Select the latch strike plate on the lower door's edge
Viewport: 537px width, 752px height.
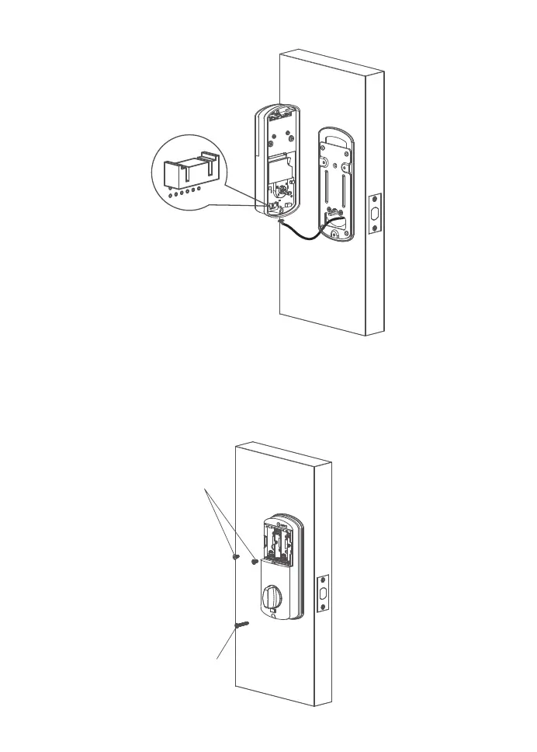click(324, 594)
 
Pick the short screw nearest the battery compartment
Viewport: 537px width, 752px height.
click(254, 560)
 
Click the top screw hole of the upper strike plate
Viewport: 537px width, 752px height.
click(373, 200)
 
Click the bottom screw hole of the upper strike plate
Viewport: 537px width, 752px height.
click(373, 228)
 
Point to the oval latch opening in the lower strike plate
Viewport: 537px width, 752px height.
click(324, 594)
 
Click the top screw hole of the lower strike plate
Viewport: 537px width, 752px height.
click(324, 581)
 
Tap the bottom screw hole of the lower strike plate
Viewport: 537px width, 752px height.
click(324, 608)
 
